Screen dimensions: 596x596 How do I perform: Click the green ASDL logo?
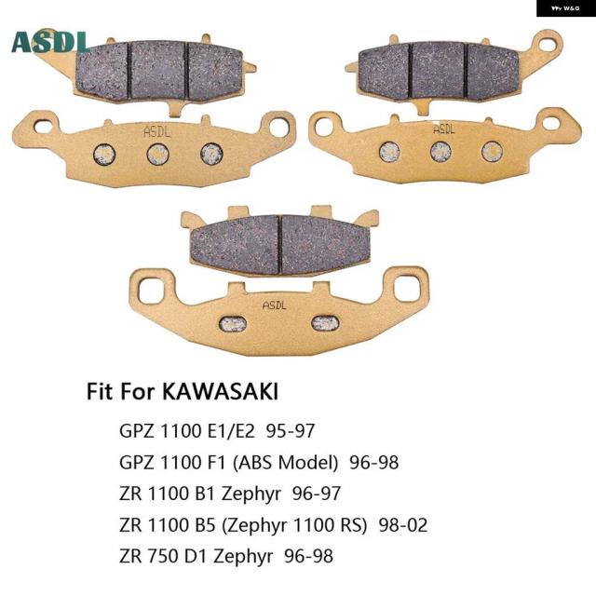pyautogui.click(x=51, y=41)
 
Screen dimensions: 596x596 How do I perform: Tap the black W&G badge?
pyautogui.click(x=566, y=8)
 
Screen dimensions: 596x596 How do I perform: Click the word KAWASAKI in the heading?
pyautogui.click(x=221, y=391)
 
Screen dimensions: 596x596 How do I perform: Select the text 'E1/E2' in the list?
pyautogui.click(x=228, y=431)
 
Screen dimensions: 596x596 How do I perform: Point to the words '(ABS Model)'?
pyautogui.click(x=285, y=463)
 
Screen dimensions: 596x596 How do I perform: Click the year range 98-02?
pyautogui.click(x=403, y=525)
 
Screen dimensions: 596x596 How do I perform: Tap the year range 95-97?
pyautogui.click(x=291, y=431)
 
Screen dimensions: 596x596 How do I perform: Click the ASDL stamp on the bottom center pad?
pyautogui.click(x=275, y=305)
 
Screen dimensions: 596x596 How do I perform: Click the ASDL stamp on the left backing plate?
pyautogui.click(x=156, y=132)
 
